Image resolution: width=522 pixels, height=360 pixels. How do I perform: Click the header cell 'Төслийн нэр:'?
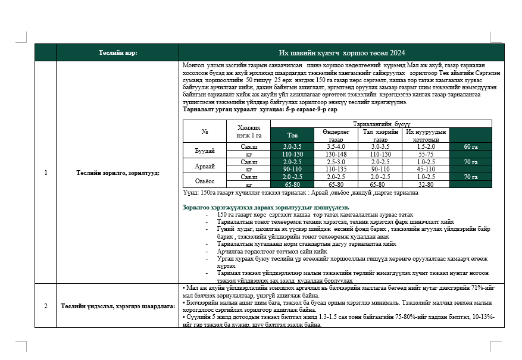[x=118, y=52]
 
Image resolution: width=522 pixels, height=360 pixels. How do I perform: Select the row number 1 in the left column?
[x=46, y=173]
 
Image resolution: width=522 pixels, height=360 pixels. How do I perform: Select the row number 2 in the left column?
[x=46, y=306]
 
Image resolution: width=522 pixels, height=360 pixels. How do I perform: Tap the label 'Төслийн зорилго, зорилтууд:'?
[x=118, y=173]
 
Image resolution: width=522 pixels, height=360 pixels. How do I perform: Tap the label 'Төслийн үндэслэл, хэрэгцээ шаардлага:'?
[x=118, y=306]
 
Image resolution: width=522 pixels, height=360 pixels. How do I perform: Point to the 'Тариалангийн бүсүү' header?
[x=382, y=123]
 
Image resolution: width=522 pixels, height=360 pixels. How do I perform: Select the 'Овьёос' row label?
[x=205, y=180]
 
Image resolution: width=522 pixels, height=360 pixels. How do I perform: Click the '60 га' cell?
[x=470, y=146]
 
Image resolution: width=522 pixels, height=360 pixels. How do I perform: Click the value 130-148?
[x=336, y=154]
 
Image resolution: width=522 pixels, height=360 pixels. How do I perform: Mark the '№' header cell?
[x=205, y=131]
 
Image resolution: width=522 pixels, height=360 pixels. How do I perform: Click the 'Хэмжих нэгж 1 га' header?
[x=249, y=131]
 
